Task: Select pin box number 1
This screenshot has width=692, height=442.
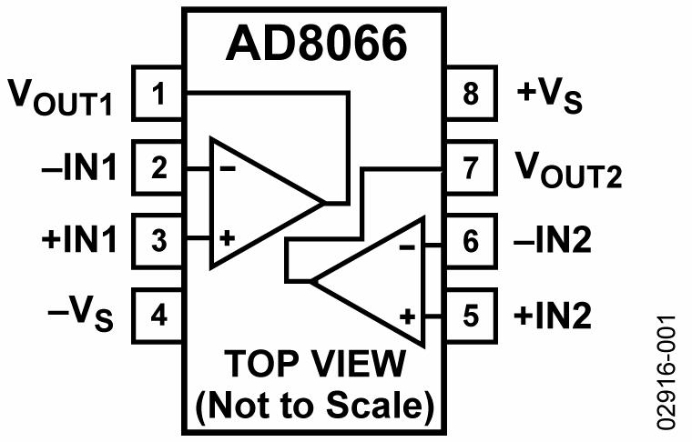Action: [159, 93]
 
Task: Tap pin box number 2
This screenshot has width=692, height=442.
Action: [159, 167]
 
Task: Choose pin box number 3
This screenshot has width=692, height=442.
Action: [159, 242]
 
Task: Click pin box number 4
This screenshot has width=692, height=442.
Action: [159, 316]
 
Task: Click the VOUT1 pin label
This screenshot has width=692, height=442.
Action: [60, 95]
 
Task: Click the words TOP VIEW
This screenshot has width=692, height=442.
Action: [315, 366]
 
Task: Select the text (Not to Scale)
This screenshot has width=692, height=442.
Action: [315, 406]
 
